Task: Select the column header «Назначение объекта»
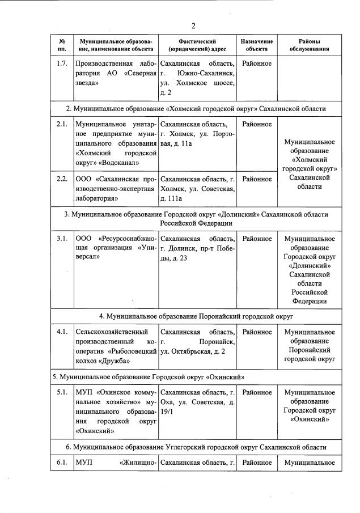256,45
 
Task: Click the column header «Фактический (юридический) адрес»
197,45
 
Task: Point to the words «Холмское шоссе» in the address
198,83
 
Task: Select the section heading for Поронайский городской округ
196,316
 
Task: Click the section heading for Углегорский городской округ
196,447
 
